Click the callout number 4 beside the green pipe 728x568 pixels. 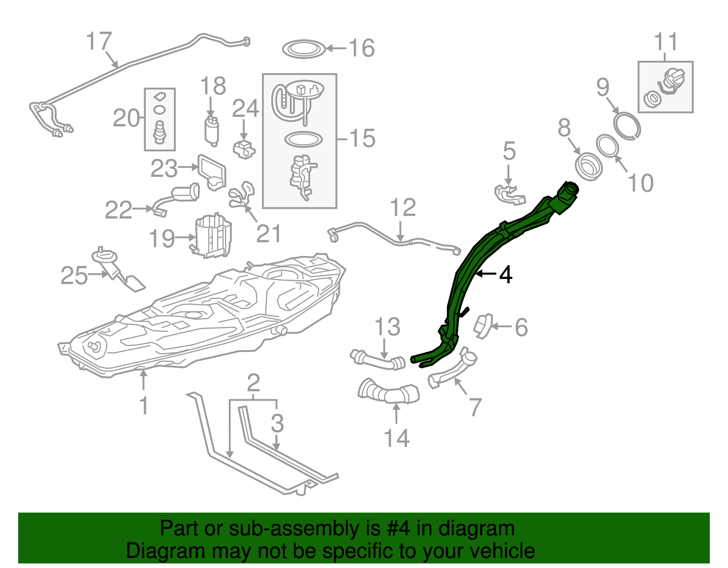(x=506, y=275)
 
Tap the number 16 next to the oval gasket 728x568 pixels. (x=362, y=48)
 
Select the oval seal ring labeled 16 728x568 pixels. (x=304, y=49)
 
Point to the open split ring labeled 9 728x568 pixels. (x=627, y=125)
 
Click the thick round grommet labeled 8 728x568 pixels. (x=588, y=166)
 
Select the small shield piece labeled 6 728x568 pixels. (x=483, y=326)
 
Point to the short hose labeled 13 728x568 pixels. (x=378, y=359)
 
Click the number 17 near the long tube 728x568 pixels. (x=99, y=41)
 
